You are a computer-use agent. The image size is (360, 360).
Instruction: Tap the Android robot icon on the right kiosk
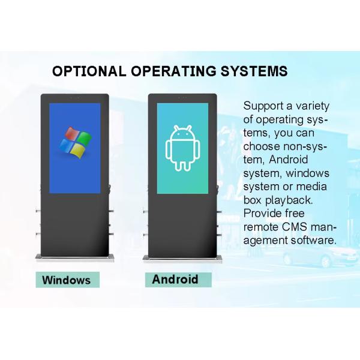pos(182,148)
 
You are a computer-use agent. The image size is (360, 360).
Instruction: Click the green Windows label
pos(67,280)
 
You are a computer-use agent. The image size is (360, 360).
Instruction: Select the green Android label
pos(175,279)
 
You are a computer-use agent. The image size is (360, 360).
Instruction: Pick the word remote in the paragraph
pos(261,227)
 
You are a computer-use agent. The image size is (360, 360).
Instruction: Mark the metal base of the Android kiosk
pos(182,259)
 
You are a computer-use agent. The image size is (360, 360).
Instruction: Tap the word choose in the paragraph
pos(262,146)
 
